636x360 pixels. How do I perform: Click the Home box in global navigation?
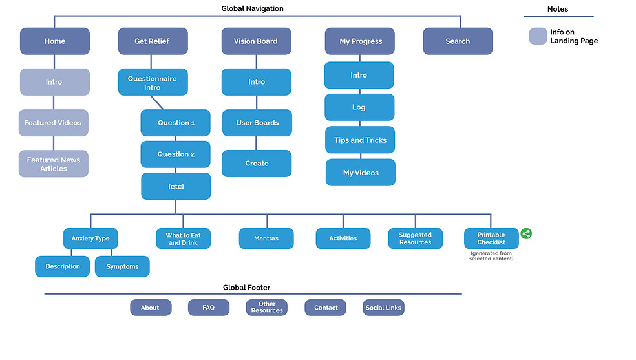pyautogui.click(x=55, y=41)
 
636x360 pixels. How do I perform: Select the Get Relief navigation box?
pyautogui.click(x=153, y=41)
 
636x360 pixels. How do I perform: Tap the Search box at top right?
pyautogui.click(x=458, y=41)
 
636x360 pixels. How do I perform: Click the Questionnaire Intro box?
pyautogui.click(x=153, y=83)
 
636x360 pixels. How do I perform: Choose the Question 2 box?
pyautogui.click(x=176, y=154)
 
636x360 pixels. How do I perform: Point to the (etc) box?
pyautogui.click(x=176, y=186)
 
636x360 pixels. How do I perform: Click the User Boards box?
pyautogui.click(x=257, y=123)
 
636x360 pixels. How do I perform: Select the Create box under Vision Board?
pyautogui.click(x=257, y=164)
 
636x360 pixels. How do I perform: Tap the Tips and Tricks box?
pyautogui.click(x=360, y=140)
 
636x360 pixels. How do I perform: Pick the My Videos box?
pyautogui.click(x=360, y=173)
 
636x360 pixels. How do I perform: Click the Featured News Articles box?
pyautogui.click(x=54, y=164)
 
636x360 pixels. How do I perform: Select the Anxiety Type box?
pyautogui.click(x=90, y=238)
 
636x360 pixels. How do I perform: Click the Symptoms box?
pyautogui.click(x=122, y=266)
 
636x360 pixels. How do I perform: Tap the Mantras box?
pyautogui.click(x=266, y=238)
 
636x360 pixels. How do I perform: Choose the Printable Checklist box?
pyautogui.click(x=491, y=238)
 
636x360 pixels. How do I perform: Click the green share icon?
pyautogui.click(x=526, y=234)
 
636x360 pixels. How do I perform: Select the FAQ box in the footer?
pyautogui.click(x=208, y=308)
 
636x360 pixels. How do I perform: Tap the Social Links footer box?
pyautogui.click(x=383, y=308)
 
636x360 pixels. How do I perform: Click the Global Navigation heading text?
pyautogui.click(x=252, y=8)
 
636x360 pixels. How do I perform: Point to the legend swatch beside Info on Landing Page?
pyautogui.click(x=538, y=36)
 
